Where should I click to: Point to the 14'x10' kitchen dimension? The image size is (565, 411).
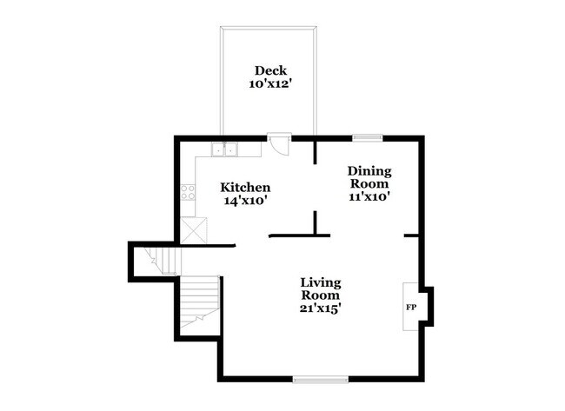(x=244, y=201)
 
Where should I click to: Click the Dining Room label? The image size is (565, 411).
(x=369, y=177)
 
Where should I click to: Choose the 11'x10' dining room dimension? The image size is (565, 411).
(x=369, y=196)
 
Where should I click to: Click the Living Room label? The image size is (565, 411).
(x=321, y=289)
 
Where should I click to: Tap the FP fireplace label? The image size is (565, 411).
(x=410, y=308)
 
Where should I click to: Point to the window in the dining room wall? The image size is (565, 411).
(x=367, y=136)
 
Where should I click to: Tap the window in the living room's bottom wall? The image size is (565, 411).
(x=320, y=379)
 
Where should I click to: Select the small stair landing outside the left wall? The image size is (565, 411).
(x=156, y=261)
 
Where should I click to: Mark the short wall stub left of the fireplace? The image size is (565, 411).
(x=412, y=235)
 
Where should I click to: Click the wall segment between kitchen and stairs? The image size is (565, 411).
(x=209, y=246)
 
